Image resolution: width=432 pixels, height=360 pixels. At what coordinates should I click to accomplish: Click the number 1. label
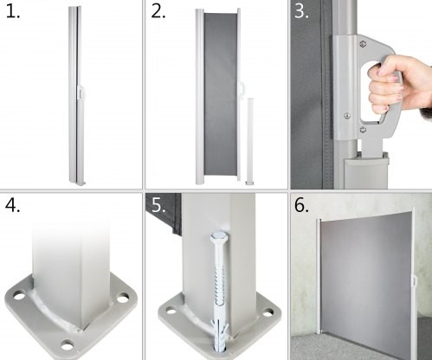click(13, 12)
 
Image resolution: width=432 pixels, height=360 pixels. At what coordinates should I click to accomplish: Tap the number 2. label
click(158, 12)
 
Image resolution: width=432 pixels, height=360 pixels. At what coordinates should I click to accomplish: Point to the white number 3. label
click(301, 11)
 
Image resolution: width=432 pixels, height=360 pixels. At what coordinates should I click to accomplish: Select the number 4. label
click(12, 206)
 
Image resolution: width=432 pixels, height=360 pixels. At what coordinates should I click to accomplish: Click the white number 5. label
click(158, 205)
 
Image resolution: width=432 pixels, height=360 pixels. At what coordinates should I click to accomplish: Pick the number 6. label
click(301, 206)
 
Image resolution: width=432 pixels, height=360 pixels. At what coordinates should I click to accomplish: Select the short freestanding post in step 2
click(249, 141)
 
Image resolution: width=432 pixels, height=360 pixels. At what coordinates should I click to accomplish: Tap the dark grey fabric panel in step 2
click(221, 94)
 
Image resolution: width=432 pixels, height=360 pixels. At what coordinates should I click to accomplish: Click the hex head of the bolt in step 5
click(216, 237)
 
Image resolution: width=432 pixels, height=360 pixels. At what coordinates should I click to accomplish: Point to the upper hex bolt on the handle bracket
click(363, 44)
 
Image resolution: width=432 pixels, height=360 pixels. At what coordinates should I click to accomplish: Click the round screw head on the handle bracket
click(347, 116)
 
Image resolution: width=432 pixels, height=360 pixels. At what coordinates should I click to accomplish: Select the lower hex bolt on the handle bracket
click(363, 129)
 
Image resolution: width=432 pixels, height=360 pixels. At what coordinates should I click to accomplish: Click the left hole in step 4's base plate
click(19, 296)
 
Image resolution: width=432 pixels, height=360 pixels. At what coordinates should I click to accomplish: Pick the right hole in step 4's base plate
click(123, 298)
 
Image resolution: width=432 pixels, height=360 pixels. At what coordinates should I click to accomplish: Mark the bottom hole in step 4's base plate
click(68, 344)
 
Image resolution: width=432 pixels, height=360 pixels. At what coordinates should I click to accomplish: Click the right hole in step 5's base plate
click(268, 312)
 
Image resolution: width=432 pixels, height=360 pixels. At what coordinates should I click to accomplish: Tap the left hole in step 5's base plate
click(171, 311)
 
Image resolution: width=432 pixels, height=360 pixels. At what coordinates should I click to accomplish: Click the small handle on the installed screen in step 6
click(415, 280)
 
